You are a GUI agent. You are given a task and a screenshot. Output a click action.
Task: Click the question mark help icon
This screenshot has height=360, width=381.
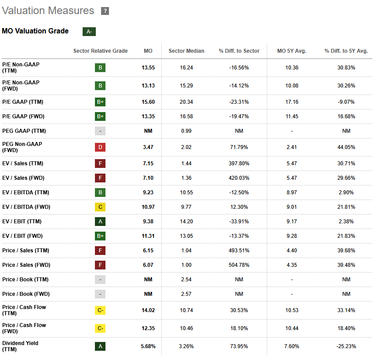click(x=105, y=11)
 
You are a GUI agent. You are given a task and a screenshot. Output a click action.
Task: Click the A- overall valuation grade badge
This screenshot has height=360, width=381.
click(x=89, y=32)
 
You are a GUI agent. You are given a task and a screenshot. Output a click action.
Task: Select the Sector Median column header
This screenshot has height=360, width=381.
click(x=186, y=51)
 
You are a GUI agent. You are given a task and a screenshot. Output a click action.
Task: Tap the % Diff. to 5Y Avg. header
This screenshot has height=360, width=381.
click(x=346, y=51)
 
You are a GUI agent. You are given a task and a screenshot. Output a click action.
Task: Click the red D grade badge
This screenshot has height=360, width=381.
click(x=100, y=147)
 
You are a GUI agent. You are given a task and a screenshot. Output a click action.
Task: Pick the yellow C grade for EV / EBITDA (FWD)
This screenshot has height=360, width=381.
click(x=100, y=207)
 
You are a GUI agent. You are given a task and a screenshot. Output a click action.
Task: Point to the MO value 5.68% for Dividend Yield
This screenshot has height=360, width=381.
click(x=148, y=346)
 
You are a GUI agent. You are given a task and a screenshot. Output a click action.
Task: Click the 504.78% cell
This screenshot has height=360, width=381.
click(x=239, y=265)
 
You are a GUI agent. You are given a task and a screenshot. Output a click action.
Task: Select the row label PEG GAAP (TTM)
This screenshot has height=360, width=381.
click(x=24, y=131)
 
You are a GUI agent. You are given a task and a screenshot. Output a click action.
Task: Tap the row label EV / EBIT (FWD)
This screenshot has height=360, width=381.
click(x=22, y=236)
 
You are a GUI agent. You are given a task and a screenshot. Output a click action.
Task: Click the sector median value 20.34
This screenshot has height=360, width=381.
click(x=186, y=102)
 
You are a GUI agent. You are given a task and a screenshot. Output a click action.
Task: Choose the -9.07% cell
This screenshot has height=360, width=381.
click(x=346, y=102)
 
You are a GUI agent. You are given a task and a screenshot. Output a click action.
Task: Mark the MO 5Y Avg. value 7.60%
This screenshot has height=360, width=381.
click(x=292, y=346)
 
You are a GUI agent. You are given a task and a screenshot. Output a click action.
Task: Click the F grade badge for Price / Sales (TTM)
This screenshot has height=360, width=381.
click(x=100, y=251)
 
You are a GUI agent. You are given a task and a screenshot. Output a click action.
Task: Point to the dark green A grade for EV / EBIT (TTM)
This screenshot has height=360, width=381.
click(x=100, y=222)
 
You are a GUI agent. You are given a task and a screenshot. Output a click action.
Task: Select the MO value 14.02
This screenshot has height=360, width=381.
click(x=148, y=310)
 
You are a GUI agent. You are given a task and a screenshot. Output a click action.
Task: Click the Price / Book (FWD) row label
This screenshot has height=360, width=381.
click(x=26, y=294)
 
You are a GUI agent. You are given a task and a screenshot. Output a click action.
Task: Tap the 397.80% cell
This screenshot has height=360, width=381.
click(x=239, y=164)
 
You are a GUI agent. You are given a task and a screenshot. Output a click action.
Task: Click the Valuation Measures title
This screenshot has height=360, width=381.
click(x=48, y=11)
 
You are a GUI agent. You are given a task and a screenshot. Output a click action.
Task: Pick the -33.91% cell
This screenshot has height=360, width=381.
click(x=239, y=222)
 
